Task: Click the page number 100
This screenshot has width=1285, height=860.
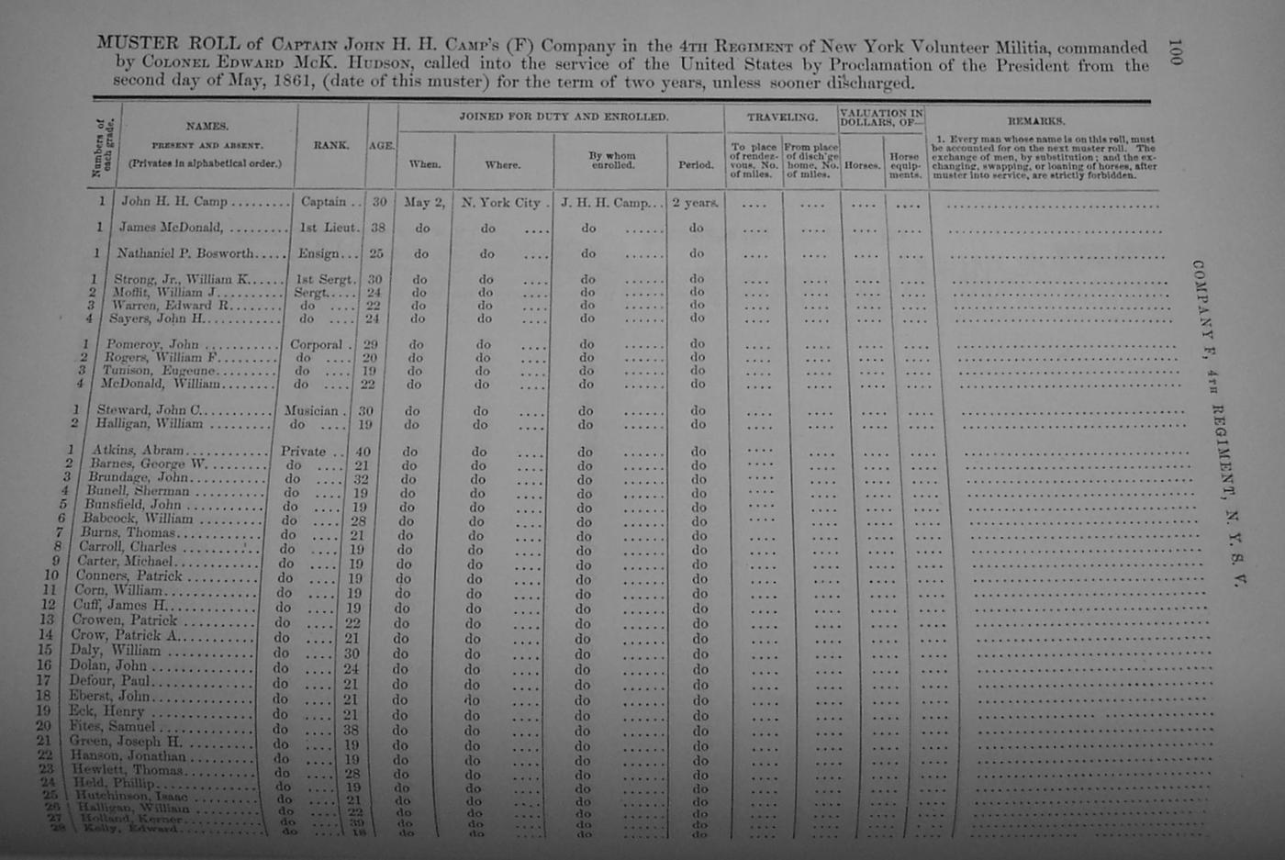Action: tap(1175, 52)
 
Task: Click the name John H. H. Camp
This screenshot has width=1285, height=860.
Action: tap(173, 202)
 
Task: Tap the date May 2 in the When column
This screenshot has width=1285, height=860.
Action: tap(424, 203)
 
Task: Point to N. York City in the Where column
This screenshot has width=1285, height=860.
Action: tap(500, 203)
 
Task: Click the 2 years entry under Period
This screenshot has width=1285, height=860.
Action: tap(695, 203)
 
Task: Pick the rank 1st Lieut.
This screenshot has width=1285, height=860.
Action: tap(328, 228)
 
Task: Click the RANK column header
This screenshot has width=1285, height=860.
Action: tap(330, 145)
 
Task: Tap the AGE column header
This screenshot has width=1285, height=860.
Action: tap(382, 145)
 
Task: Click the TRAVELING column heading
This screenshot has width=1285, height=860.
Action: tap(781, 117)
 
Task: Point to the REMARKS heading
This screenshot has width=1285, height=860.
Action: tap(1036, 120)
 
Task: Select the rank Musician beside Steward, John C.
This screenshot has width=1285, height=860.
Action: tap(311, 411)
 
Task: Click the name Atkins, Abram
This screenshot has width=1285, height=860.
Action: tap(138, 451)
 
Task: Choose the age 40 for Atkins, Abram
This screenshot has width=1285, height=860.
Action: tap(363, 452)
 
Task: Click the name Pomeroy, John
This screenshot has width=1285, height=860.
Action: tap(152, 344)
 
